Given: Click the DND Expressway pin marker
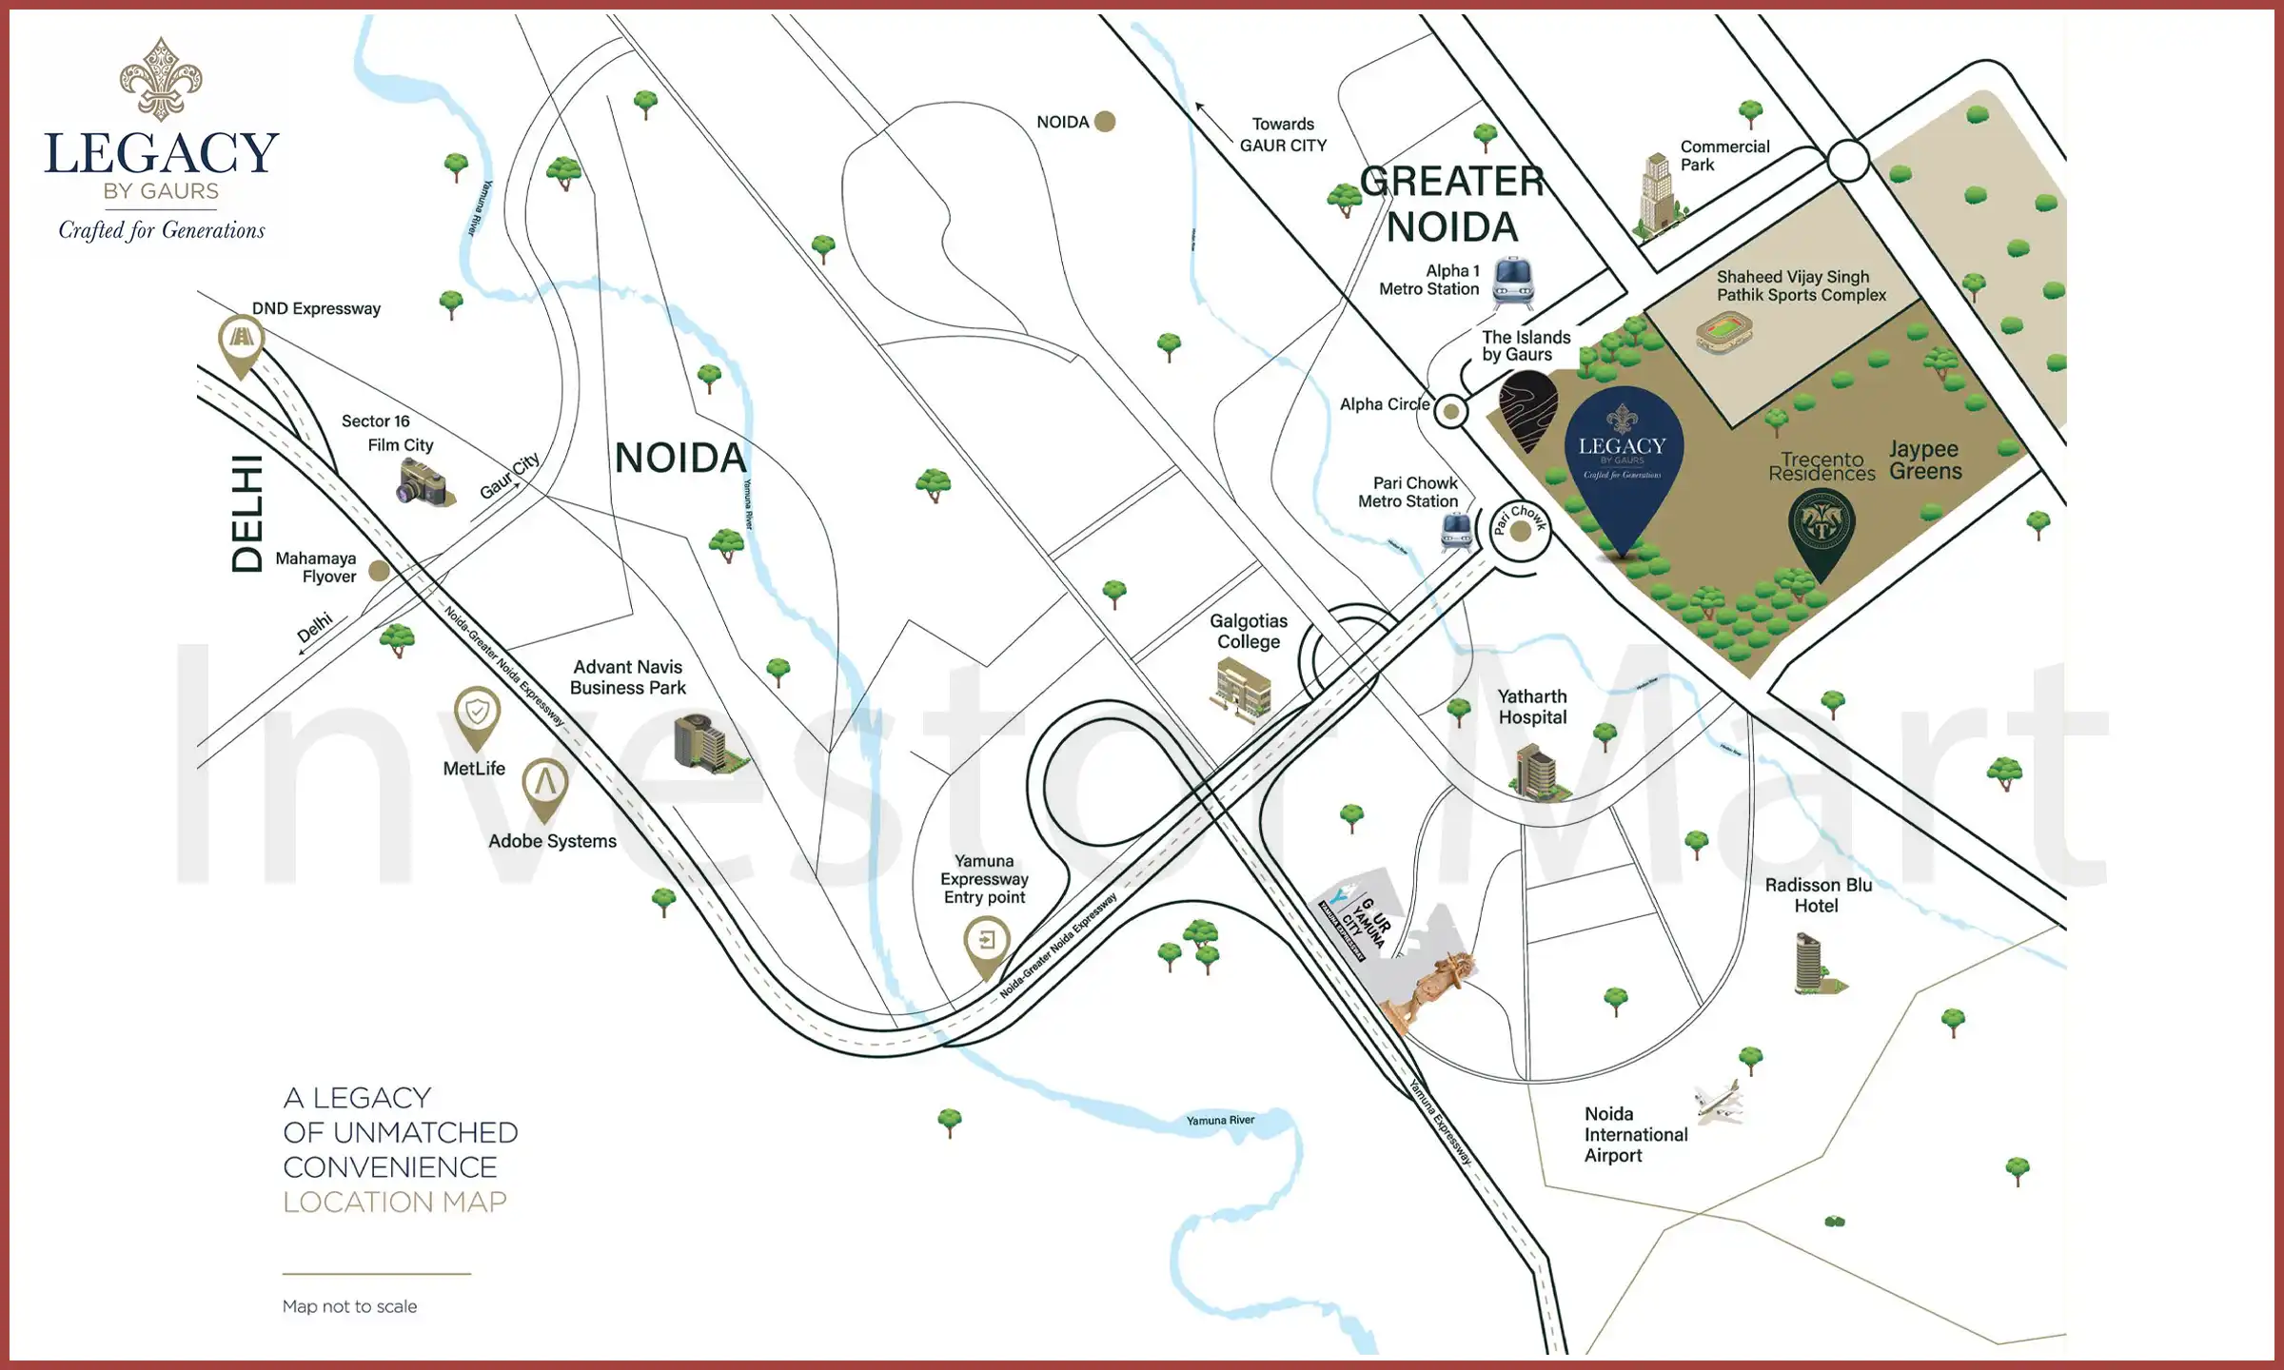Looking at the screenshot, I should click(x=241, y=342).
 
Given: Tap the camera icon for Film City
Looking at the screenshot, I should click(x=423, y=483).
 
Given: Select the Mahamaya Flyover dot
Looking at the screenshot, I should click(x=379, y=571).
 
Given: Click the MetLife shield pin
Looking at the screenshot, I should click(x=477, y=714).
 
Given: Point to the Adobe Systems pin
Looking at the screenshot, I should click(x=544, y=786).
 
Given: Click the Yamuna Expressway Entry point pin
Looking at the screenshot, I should click(x=987, y=944).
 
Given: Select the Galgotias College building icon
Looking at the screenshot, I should click(x=1243, y=689).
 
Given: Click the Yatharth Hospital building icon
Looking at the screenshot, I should click(x=1535, y=772).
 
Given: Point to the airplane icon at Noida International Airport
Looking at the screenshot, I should click(x=1720, y=1103).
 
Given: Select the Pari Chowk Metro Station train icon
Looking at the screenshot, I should click(x=1456, y=531).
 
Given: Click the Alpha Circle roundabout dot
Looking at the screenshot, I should click(x=1450, y=411).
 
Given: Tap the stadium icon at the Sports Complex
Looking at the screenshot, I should click(x=1723, y=332).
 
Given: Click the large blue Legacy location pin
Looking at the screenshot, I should click(x=1624, y=457).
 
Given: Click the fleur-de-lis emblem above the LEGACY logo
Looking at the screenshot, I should click(x=161, y=79).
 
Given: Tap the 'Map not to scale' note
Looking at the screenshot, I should click(x=349, y=1306).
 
